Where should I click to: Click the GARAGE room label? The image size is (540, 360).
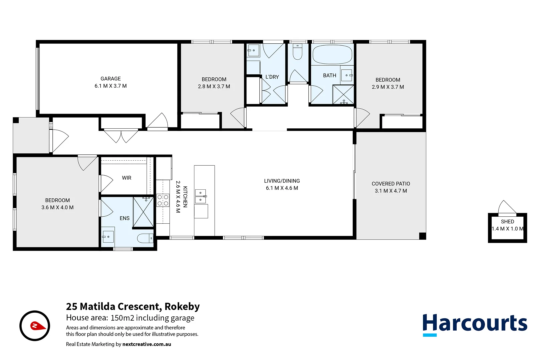click(x=111, y=79)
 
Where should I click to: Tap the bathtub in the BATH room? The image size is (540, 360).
click(x=332, y=54)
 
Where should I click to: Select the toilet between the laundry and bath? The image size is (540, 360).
click(x=297, y=52)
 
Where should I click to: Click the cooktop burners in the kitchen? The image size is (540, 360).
click(x=163, y=200)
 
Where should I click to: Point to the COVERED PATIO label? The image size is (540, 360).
click(x=391, y=184)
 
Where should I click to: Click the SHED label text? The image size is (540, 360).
click(x=507, y=222)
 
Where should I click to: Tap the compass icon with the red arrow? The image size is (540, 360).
click(x=35, y=326)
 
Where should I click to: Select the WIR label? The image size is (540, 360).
click(x=127, y=178)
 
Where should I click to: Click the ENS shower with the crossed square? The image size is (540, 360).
click(x=143, y=212)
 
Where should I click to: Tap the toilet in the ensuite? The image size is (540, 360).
click(x=145, y=238)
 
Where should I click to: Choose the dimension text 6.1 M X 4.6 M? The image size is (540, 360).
click(x=282, y=188)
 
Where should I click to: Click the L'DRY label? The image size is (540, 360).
click(x=272, y=77)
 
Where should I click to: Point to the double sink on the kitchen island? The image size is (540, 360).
click(x=200, y=196)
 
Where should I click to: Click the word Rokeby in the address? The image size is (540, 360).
click(x=182, y=306)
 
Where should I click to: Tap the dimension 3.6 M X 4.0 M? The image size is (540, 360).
click(x=57, y=207)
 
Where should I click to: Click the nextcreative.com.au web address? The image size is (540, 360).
click(x=147, y=344)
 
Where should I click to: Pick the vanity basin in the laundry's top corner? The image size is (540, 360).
click(x=253, y=51)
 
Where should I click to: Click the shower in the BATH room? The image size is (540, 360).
click(x=343, y=95)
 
